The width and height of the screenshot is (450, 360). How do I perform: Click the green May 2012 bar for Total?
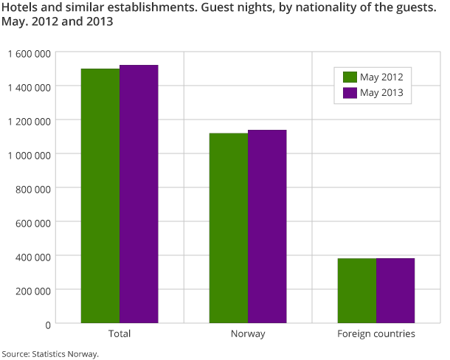pos(100,195)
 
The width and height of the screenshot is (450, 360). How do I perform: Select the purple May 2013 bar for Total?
pos(139,194)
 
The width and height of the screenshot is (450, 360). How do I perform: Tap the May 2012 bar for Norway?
pos(229,228)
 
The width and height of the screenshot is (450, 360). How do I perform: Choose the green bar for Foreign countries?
pos(357,291)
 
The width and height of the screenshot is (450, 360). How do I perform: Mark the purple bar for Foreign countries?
pos(395,291)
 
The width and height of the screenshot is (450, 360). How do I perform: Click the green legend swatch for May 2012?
pos(350,77)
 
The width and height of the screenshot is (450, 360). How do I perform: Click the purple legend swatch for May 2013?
pos(350,93)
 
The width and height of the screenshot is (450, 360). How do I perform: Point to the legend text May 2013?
pos(382,93)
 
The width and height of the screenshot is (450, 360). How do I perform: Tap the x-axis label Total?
pos(120,334)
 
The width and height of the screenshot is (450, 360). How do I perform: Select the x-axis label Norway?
pos(248,334)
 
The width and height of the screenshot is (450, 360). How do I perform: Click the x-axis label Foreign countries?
pos(376,334)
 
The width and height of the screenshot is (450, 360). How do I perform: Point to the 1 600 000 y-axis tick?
pos(30,53)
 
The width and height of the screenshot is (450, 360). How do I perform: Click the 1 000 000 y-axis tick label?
pos(30,155)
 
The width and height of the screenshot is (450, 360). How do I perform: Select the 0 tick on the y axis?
pos(47,325)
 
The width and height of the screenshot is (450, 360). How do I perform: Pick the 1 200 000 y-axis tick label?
pos(30,121)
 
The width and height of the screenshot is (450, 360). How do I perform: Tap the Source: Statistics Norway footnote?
pos(50,353)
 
